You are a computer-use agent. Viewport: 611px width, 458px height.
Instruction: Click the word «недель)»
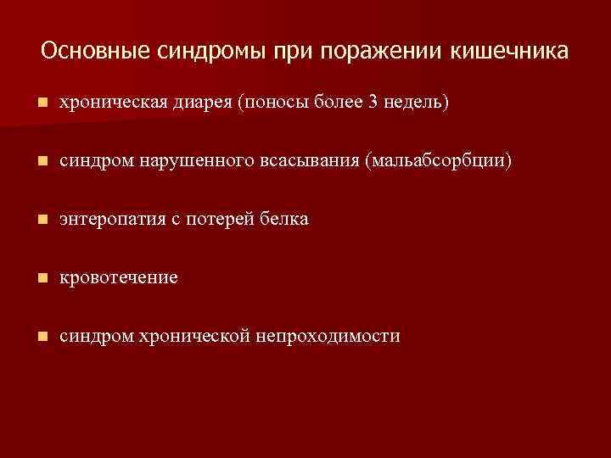(x=417, y=103)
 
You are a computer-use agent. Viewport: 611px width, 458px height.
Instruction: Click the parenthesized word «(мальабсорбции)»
(x=438, y=161)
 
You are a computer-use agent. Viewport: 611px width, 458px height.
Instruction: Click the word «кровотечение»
(x=119, y=278)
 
